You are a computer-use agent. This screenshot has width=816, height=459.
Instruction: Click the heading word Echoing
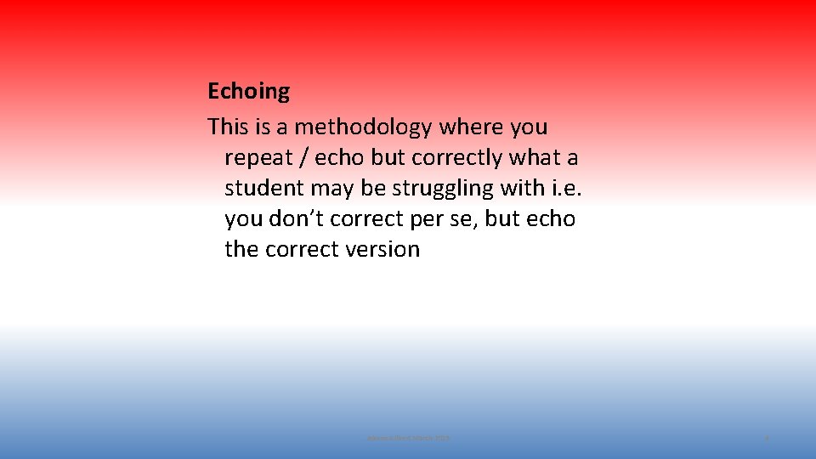[248, 91]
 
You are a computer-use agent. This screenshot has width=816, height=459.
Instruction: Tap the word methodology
[363, 127]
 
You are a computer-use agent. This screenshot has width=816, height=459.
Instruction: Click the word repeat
[258, 158]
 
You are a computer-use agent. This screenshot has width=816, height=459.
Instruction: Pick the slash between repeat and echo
[304, 158]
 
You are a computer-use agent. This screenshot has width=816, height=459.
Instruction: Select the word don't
[296, 219]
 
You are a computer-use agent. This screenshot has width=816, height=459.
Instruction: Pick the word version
[382, 250]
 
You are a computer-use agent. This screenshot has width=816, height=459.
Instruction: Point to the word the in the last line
[241, 250]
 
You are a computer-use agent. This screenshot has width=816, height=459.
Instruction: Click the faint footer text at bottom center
[408, 438]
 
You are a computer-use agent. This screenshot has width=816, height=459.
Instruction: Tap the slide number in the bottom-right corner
[768, 438]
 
